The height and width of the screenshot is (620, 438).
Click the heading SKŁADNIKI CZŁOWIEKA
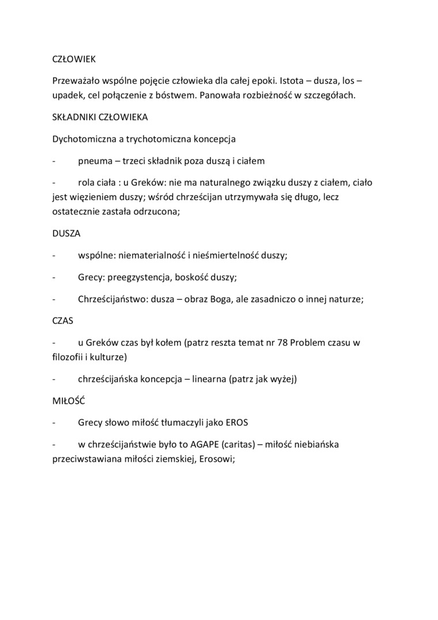100,117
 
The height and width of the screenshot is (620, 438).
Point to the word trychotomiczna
157,139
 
